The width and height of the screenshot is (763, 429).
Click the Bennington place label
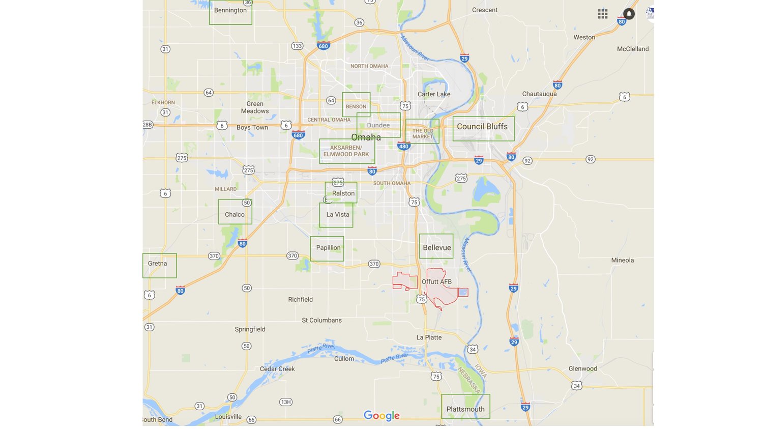coord(230,10)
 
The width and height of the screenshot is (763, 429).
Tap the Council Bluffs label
coord(482,127)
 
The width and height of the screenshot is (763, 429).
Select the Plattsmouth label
coord(465,409)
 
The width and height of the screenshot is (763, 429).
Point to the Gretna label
coord(157,264)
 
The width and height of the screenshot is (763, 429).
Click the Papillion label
coord(328,248)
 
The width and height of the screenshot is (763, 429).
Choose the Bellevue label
coord(437,248)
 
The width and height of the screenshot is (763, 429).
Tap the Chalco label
coord(234,215)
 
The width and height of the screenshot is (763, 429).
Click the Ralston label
coord(343,193)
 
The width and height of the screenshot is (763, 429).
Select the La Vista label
coord(338,215)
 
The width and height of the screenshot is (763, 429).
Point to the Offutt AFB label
coord(436,281)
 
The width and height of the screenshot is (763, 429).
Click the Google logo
coord(382,416)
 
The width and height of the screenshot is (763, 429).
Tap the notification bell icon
coord(629,14)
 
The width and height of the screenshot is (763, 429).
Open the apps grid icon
coord(603,14)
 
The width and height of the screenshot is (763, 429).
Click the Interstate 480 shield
coord(403,146)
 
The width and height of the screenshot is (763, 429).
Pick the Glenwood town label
coord(582,369)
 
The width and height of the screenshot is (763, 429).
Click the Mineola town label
coord(622,261)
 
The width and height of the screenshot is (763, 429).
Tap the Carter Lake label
coord(434,94)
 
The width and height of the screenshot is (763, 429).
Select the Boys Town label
coord(252,128)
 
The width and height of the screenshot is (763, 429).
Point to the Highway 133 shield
coord(297,46)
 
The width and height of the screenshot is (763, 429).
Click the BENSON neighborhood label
coord(356,107)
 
